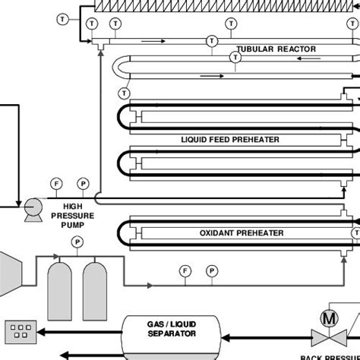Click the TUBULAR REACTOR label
point(276,49)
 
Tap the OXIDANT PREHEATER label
point(242,233)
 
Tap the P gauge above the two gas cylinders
point(77,242)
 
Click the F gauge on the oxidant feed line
point(185,270)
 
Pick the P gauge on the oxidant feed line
point(212,270)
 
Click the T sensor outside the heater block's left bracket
point(62,17)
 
